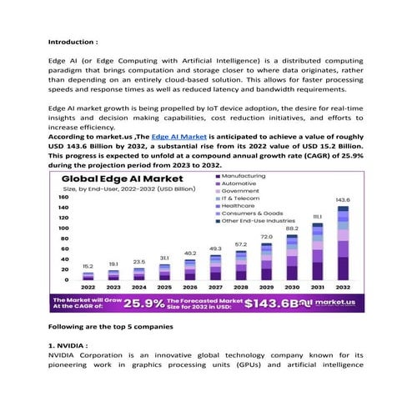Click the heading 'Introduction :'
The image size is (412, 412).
[73, 41]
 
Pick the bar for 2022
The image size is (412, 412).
[88, 275]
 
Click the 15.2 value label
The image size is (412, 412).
[88, 266]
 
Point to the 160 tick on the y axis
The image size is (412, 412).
[63, 198]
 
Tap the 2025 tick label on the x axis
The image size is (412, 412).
[164, 286]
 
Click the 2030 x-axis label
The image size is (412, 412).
[291, 286]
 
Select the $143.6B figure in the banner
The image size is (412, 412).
[275, 303]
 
